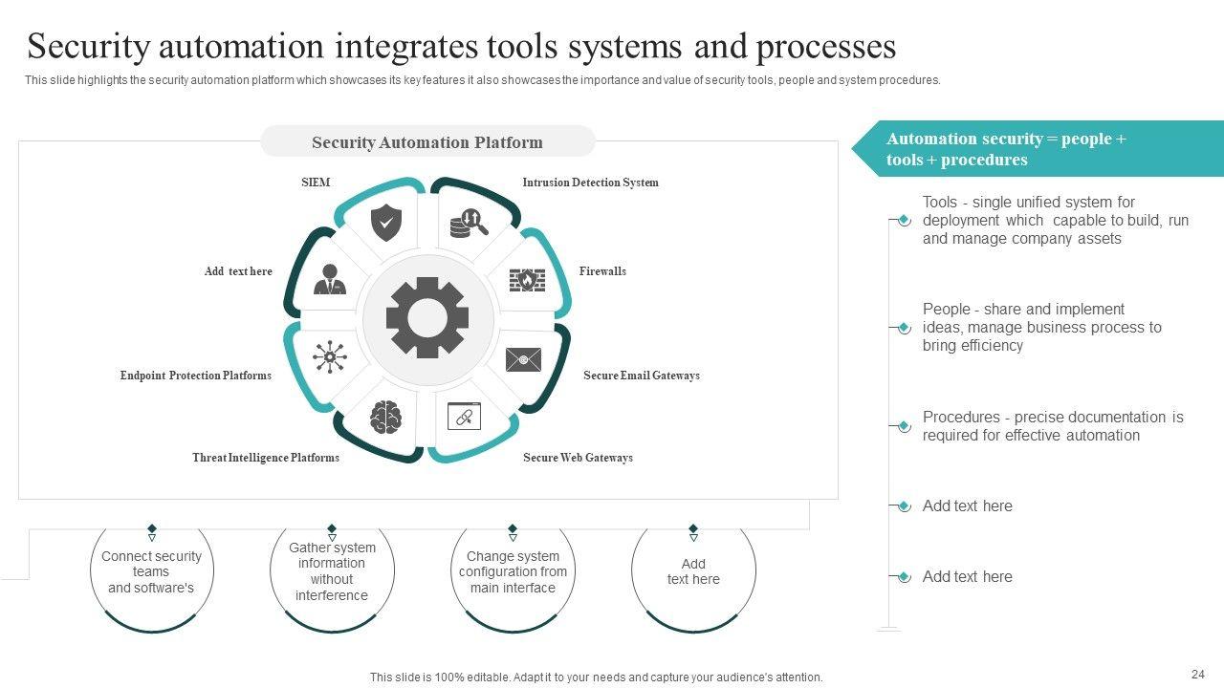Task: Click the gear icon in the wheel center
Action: pos(427,317)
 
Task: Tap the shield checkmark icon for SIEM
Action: pos(385,223)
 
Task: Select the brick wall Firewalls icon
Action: pos(526,280)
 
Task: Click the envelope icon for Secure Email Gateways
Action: pos(523,359)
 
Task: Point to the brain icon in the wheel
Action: pos(385,417)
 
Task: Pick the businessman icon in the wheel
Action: pos(330,279)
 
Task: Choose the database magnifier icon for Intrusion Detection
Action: pos(469,224)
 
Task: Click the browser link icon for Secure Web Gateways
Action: pos(465,416)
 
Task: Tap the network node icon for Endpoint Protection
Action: pos(330,356)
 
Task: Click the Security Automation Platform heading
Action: pos(427,142)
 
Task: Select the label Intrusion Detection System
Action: pos(590,183)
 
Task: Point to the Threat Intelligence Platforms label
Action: pos(266,458)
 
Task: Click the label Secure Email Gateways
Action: pos(642,376)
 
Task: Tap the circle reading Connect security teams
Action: pos(151,572)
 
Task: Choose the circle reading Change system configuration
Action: pos(513,572)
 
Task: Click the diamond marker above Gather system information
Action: pos(332,528)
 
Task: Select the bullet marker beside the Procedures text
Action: pos(904,426)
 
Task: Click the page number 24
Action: pos(1198,673)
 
